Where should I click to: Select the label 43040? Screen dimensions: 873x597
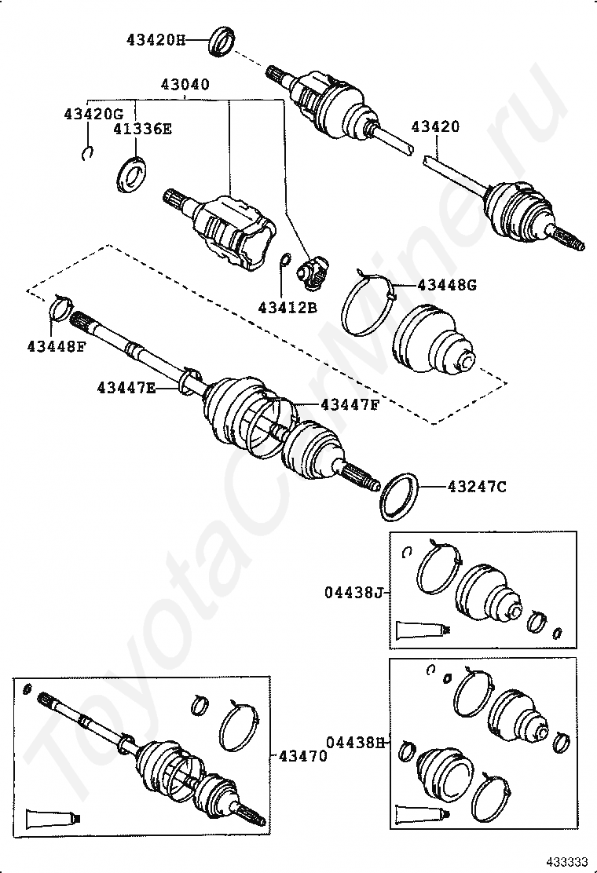click(x=185, y=84)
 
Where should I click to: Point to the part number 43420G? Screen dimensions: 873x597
click(x=93, y=114)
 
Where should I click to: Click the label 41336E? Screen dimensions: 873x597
click(x=141, y=130)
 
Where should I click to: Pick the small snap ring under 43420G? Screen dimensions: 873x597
click(x=89, y=153)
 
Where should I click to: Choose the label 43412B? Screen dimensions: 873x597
click(x=288, y=307)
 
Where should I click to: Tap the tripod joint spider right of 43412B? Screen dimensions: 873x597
click(x=314, y=271)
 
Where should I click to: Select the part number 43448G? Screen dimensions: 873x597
click(x=447, y=285)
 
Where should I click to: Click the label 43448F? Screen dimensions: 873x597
click(x=56, y=345)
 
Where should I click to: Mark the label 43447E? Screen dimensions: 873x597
click(x=126, y=386)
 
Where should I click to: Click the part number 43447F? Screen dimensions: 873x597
click(x=350, y=405)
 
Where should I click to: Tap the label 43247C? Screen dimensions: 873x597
click(x=477, y=487)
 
